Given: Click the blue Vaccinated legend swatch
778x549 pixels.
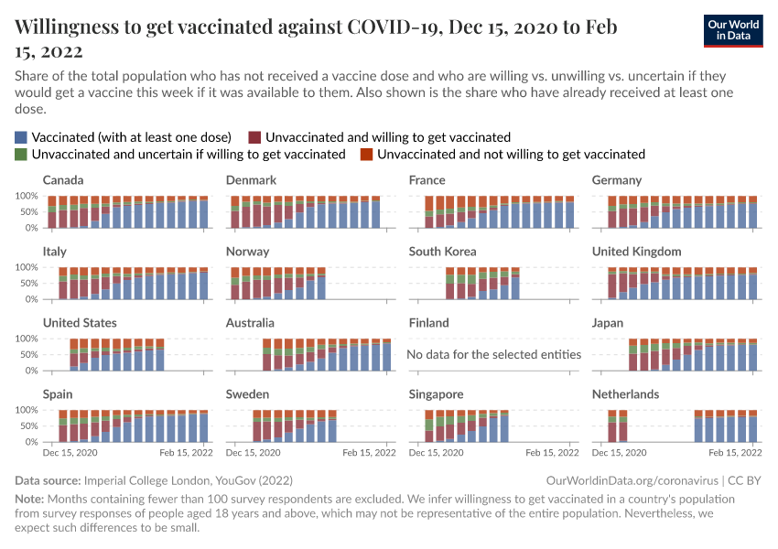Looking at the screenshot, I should pyautogui.click(x=21, y=136).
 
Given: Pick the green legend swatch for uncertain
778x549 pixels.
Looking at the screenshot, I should pyautogui.click(x=21, y=154).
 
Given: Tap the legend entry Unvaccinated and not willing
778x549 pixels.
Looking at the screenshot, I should pyautogui.click(x=511, y=154).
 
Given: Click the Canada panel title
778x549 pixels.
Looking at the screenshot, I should pyautogui.click(x=63, y=180).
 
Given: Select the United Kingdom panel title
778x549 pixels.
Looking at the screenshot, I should pyautogui.click(x=636, y=252).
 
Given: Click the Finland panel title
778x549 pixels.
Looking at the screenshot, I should pyautogui.click(x=428, y=323).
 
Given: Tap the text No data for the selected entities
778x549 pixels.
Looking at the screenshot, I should pyautogui.click(x=493, y=354).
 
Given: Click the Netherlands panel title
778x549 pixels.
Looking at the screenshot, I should pyautogui.click(x=625, y=394).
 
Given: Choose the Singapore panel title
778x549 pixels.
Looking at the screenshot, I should pyautogui.click(x=436, y=394).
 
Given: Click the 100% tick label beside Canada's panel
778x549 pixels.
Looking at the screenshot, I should pyautogui.click(x=26, y=196).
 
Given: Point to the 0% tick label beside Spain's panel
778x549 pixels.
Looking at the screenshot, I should pyautogui.click(x=29, y=442).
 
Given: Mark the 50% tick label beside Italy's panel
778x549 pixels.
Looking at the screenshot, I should pyautogui.click(x=27, y=283).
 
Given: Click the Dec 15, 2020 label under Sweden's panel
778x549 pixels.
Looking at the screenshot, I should pyautogui.click(x=253, y=453).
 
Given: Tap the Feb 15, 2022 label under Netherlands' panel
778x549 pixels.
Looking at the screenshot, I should pyautogui.click(x=735, y=453).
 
